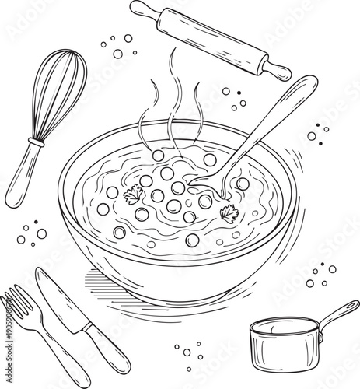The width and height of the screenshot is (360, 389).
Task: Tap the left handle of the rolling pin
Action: (141, 10)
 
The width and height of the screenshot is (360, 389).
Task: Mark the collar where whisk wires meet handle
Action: (34, 143)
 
